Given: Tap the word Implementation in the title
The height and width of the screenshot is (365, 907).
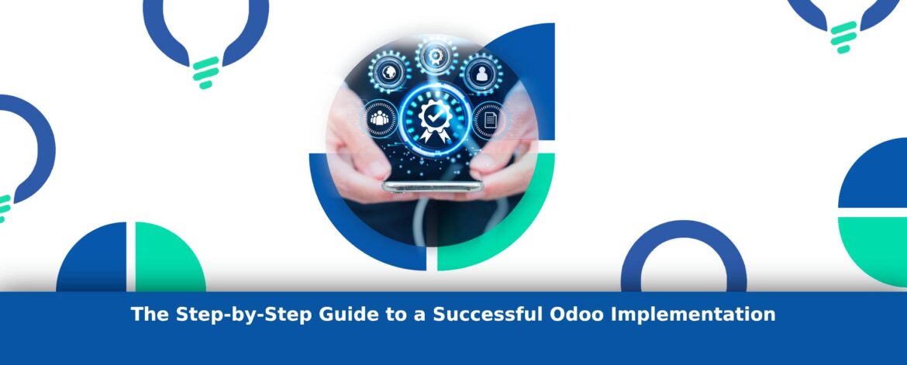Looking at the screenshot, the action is click(694, 315).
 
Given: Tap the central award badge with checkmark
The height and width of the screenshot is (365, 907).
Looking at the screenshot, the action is click(435, 120).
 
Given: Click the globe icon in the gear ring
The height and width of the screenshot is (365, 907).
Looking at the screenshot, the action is click(389, 73).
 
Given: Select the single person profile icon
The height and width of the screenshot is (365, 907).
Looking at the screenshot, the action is click(481, 74).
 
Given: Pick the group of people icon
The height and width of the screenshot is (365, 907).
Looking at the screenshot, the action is click(379, 119).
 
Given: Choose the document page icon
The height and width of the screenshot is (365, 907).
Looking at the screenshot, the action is click(491, 120).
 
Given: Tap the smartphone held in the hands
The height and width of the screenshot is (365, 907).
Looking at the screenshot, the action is click(433, 186).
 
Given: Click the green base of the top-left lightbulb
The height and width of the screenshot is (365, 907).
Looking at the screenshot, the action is click(206, 72).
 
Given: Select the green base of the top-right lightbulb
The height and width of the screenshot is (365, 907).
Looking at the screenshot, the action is click(843, 37).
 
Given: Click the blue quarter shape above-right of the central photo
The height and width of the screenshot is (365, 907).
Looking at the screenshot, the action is click(535, 64).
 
